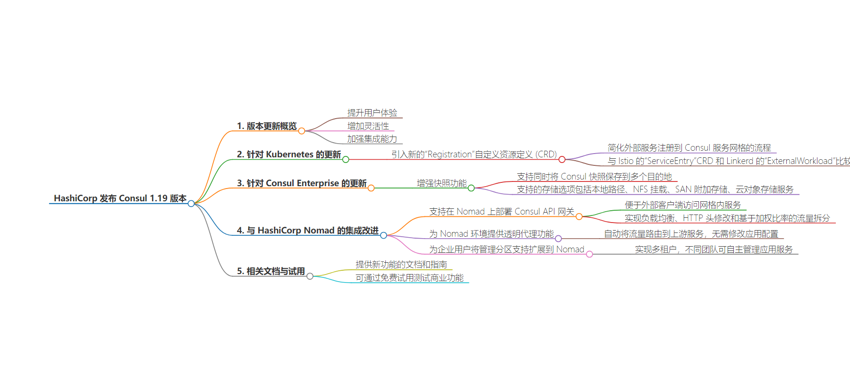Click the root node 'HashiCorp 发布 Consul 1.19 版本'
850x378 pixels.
tap(120, 198)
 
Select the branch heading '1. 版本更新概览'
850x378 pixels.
tap(267, 126)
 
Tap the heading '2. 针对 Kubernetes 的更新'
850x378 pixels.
tap(289, 155)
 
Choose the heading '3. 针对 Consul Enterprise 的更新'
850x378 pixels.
tap(302, 183)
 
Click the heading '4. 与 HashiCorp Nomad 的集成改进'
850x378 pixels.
tap(308, 231)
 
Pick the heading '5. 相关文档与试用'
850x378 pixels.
tap(271, 271)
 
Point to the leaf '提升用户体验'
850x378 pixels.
tap(372, 113)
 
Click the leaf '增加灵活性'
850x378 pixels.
tap(368, 126)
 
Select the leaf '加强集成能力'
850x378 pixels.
tap(372, 139)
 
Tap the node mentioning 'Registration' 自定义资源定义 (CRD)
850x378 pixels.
tap(474, 155)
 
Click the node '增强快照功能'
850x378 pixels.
tap(442, 183)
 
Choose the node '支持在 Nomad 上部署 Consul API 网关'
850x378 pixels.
tap(501, 212)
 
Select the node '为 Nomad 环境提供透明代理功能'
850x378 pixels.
tap(492, 234)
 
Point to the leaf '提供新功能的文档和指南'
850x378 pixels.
tap(401, 265)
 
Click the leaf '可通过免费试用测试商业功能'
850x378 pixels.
tap(409, 278)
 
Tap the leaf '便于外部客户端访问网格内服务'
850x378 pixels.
tap(683, 205)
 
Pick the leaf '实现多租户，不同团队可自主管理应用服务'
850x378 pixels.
tap(714, 249)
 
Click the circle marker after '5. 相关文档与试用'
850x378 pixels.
tap(310, 276)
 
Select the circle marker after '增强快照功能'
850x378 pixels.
tap(471, 188)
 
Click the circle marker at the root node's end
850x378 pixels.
tap(191, 204)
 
